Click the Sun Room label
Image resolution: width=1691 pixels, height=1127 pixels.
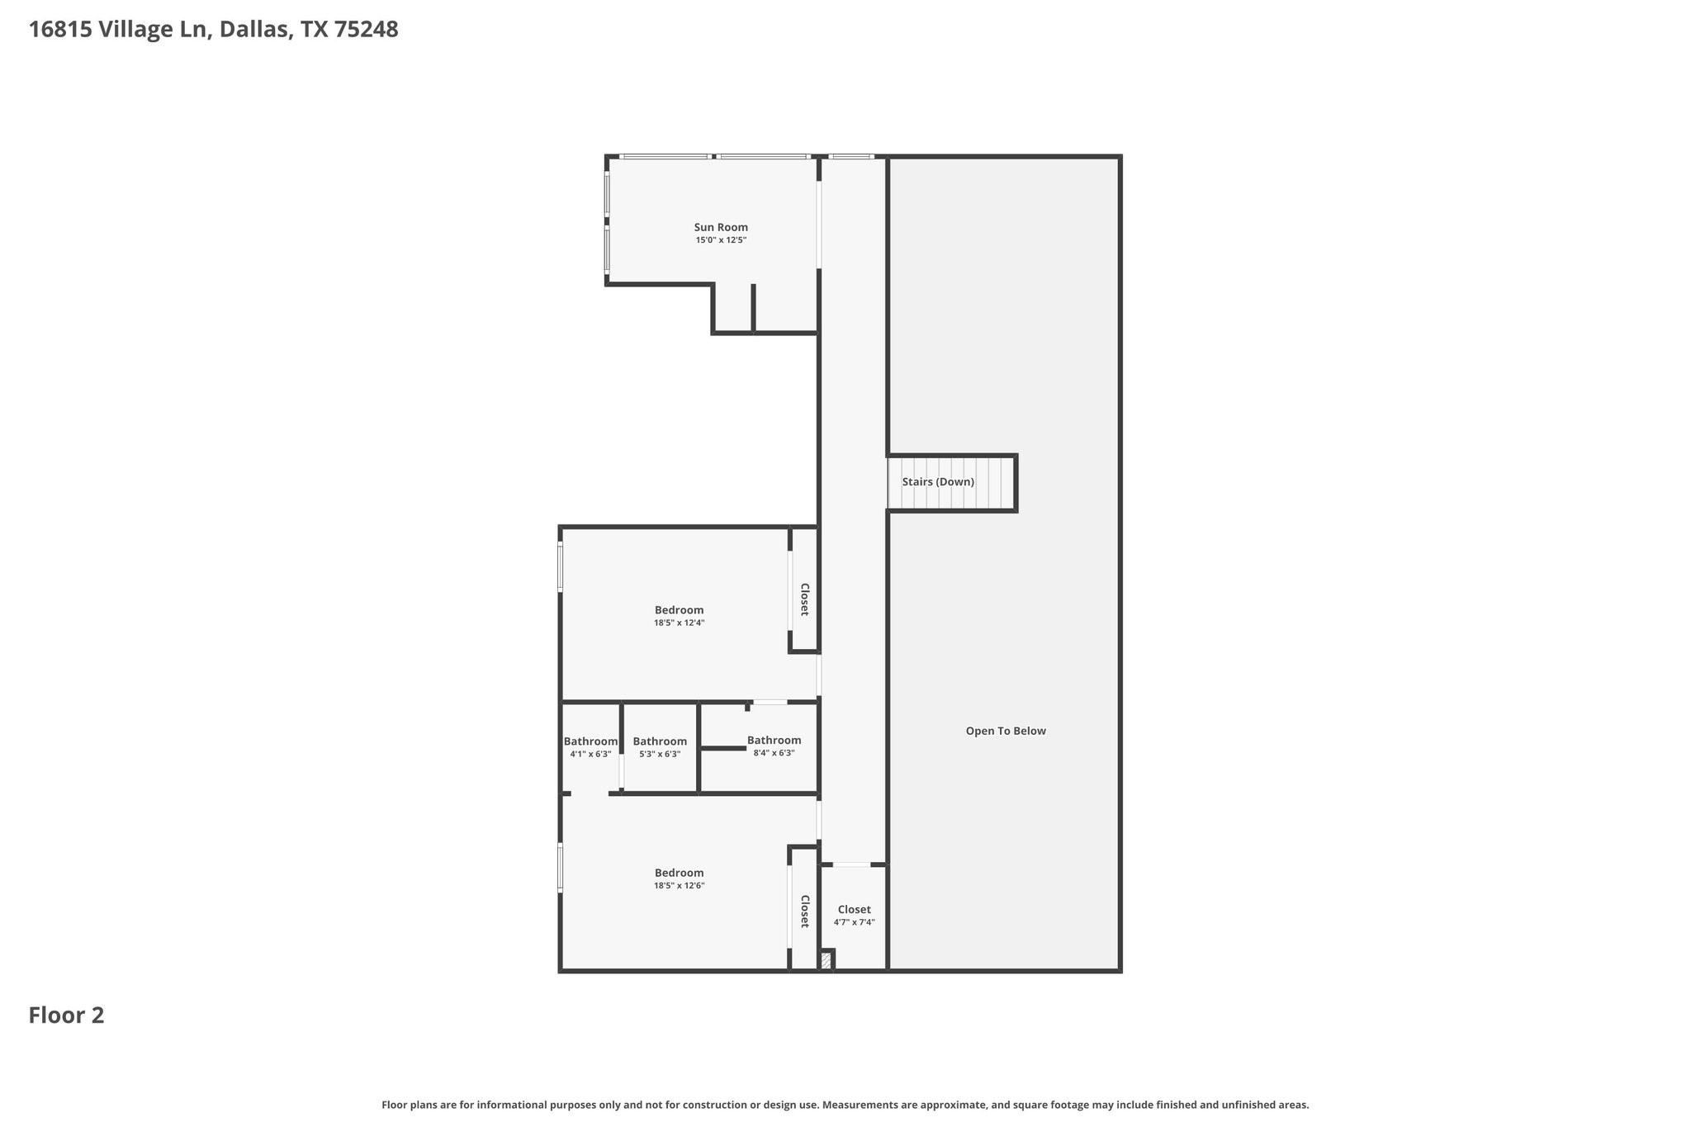tap(721, 227)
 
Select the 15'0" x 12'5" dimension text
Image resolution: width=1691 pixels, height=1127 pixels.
tap(721, 240)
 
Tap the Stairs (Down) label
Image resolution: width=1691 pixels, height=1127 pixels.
tap(938, 482)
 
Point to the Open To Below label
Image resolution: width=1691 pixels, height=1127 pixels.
tap(1006, 731)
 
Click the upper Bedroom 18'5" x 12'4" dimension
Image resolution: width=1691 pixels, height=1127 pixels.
tap(679, 623)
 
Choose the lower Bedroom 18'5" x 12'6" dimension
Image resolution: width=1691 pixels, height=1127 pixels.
tap(679, 886)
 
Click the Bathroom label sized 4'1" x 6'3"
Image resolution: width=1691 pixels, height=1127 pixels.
tap(590, 741)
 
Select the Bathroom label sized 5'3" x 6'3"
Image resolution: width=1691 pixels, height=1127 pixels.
tap(660, 741)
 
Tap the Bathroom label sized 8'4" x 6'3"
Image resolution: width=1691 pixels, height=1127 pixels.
tap(774, 741)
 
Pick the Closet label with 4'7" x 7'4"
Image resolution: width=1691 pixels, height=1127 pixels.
tap(854, 910)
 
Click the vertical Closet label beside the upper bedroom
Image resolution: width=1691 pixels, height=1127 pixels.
tap(804, 599)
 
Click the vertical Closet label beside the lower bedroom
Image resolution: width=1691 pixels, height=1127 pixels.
tap(804, 911)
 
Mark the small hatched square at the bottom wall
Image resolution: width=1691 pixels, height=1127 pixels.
tap(826, 961)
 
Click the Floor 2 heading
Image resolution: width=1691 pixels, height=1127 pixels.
tap(66, 1016)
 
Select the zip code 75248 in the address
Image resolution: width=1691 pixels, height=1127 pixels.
tap(366, 30)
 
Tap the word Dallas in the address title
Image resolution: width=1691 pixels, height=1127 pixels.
tap(253, 30)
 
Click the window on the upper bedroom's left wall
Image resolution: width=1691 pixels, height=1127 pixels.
tap(560, 566)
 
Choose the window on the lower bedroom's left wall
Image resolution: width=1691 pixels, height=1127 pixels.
tap(560, 866)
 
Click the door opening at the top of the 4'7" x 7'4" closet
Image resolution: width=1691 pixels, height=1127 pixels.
tap(851, 864)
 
